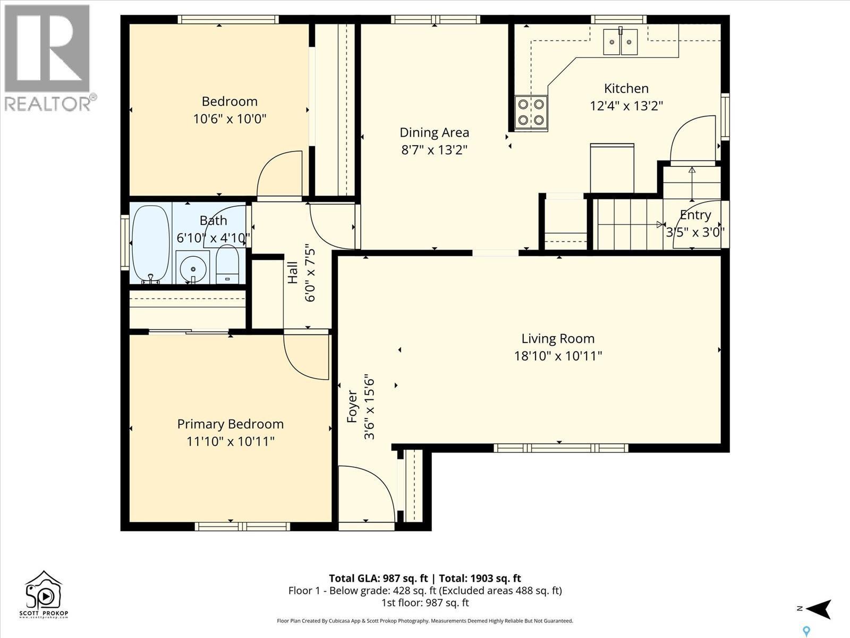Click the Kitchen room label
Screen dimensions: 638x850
tap(626, 89)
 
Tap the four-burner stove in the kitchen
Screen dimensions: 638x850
tap(531, 112)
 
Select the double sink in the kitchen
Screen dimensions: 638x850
tap(620, 41)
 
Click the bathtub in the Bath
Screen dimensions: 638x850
tap(150, 244)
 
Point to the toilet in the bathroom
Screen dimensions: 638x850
tap(228, 264)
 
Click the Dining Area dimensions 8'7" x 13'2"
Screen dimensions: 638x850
tap(434, 150)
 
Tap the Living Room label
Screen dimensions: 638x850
tap(557, 339)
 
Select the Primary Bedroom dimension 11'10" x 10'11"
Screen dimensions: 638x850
tap(230, 441)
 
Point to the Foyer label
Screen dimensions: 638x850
tap(352, 407)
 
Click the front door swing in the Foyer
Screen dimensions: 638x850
tap(367, 494)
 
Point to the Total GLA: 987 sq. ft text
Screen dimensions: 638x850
tap(378, 578)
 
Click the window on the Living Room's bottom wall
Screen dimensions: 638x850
tap(560, 448)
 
